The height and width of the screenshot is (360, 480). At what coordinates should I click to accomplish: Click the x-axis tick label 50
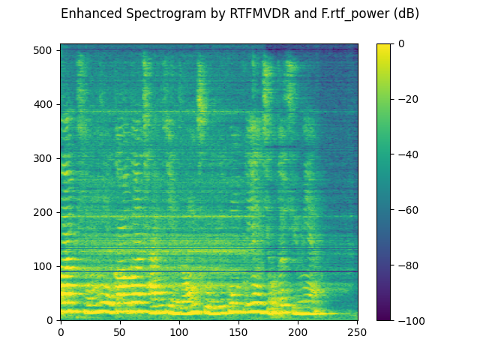click(120, 331)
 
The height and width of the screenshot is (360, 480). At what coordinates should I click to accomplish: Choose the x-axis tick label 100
click(179, 331)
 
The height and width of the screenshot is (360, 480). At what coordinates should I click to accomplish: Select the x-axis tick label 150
click(238, 331)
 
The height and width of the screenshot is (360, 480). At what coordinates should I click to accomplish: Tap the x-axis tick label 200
click(298, 331)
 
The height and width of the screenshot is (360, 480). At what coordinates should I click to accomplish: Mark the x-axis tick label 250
click(357, 331)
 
